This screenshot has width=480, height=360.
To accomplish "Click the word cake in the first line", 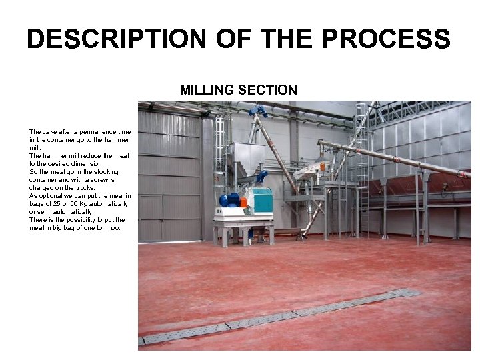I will [47, 132].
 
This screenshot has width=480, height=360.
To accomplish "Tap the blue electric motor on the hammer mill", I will [229, 200].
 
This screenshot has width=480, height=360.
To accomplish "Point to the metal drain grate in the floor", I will [280, 316].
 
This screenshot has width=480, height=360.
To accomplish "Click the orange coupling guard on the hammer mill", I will [243, 202].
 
